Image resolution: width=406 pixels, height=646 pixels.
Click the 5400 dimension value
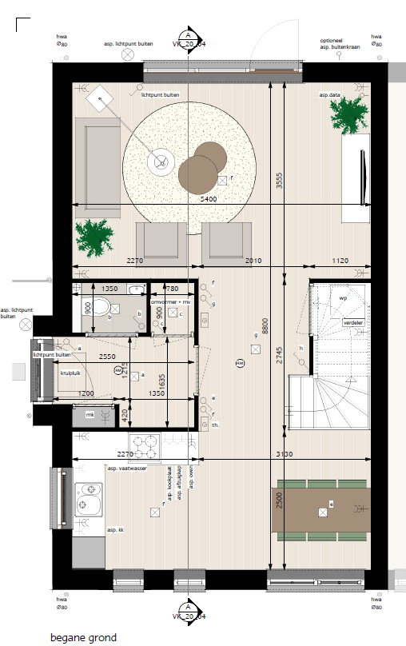pos(207,198)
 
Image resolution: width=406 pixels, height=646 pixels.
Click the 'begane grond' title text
pos(83,637)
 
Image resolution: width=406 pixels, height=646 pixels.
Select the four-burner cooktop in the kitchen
pos(144,445)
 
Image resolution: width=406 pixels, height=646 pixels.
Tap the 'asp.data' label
pos(330,96)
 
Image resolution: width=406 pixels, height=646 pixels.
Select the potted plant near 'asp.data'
pos(349,114)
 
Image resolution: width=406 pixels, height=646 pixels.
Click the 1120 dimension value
pos(341,261)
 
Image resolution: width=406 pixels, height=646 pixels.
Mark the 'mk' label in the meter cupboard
pos(90,414)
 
